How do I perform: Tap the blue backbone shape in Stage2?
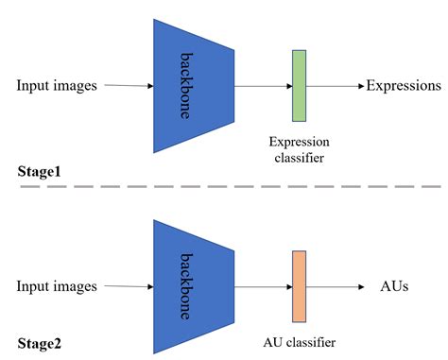tap(194, 285)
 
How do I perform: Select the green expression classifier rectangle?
tap(300, 85)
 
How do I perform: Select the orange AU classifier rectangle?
tap(300, 285)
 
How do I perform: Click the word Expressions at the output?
tap(405, 85)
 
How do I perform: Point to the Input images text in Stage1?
tap(57, 86)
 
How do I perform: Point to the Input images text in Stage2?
tap(57, 285)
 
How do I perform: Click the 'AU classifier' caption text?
tap(298, 341)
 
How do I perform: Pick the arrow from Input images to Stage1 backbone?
tap(129, 86)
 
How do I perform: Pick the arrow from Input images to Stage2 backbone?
tap(129, 285)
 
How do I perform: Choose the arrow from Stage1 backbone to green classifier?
tap(263, 86)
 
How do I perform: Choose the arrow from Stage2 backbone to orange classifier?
tap(263, 285)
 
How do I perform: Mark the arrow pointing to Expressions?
tap(336, 86)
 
